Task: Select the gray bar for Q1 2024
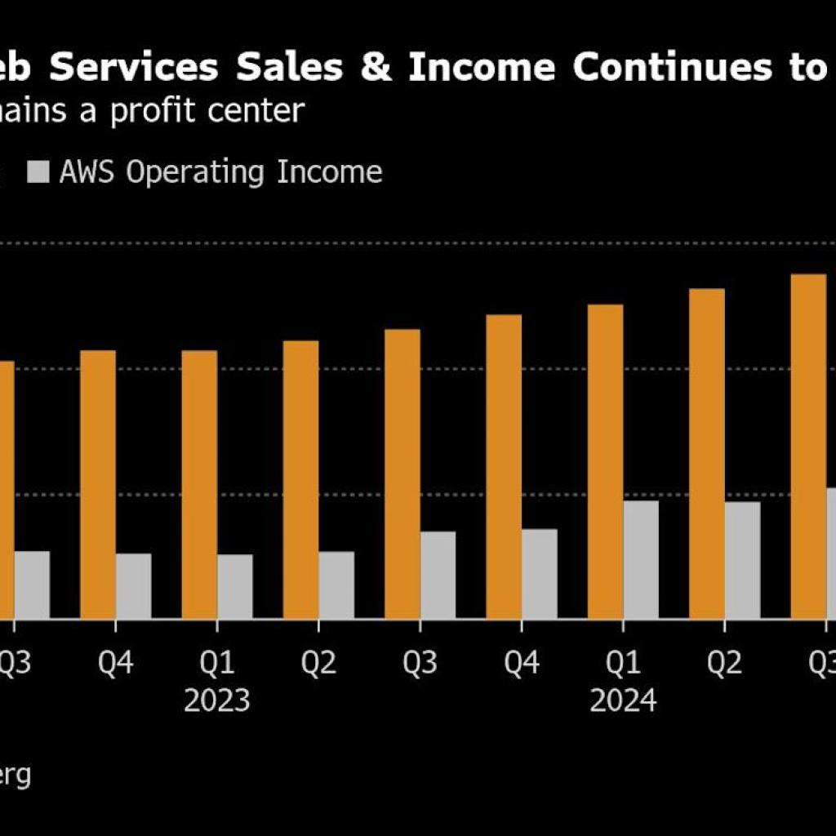click(641, 559)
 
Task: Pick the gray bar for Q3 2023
click(438, 575)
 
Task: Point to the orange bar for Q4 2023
click(504, 466)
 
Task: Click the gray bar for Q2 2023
click(336, 585)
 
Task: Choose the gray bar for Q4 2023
click(540, 573)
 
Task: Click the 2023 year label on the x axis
click(216, 700)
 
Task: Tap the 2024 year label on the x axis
click(623, 700)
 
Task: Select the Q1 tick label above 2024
click(623, 664)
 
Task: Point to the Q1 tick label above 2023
click(216, 664)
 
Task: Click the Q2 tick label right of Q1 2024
click(724, 664)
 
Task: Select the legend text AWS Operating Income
click(220, 172)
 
